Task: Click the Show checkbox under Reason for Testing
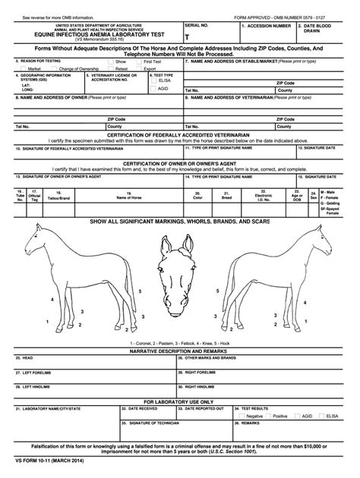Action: click(x=110, y=61)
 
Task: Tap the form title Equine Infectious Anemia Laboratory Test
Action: click(x=93, y=35)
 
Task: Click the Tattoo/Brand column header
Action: click(x=58, y=197)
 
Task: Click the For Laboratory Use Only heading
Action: click(x=180, y=401)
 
